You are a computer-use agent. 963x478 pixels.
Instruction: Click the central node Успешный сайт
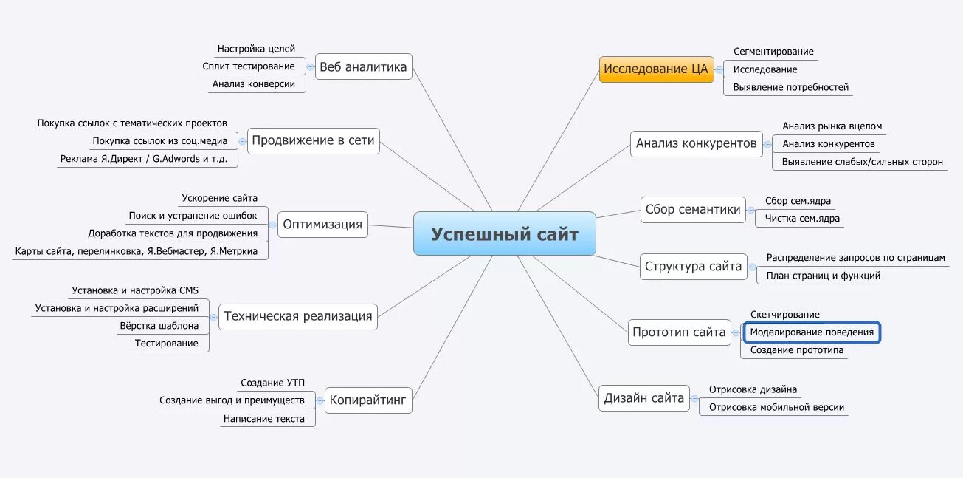pos(504,234)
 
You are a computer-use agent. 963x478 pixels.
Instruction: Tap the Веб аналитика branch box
pos(363,67)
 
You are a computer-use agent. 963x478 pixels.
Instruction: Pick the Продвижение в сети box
pos(313,140)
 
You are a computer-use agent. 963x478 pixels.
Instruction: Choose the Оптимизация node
pos(322,225)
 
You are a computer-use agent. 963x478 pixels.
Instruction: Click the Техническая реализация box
pos(298,316)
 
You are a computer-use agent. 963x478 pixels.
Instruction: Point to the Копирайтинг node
pos(367,401)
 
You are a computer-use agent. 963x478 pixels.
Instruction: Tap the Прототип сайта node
pos(679,332)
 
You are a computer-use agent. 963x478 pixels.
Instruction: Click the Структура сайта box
pos(693,267)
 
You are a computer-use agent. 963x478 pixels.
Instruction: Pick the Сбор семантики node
pos(692,210)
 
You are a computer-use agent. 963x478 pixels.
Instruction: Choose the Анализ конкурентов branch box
pos(696,143)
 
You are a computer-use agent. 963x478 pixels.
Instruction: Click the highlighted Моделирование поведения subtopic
pos(812,332)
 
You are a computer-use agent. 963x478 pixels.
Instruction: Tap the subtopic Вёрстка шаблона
pos(159,326)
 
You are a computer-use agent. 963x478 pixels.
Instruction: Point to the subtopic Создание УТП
pos(272,383)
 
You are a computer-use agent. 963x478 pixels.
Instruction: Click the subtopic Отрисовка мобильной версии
pos(776,407)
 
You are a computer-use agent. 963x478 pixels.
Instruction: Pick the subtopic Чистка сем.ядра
pos(802,219)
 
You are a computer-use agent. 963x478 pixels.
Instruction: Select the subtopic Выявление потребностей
pos(786,87)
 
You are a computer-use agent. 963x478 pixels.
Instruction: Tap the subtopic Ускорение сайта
pos(220,198)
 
